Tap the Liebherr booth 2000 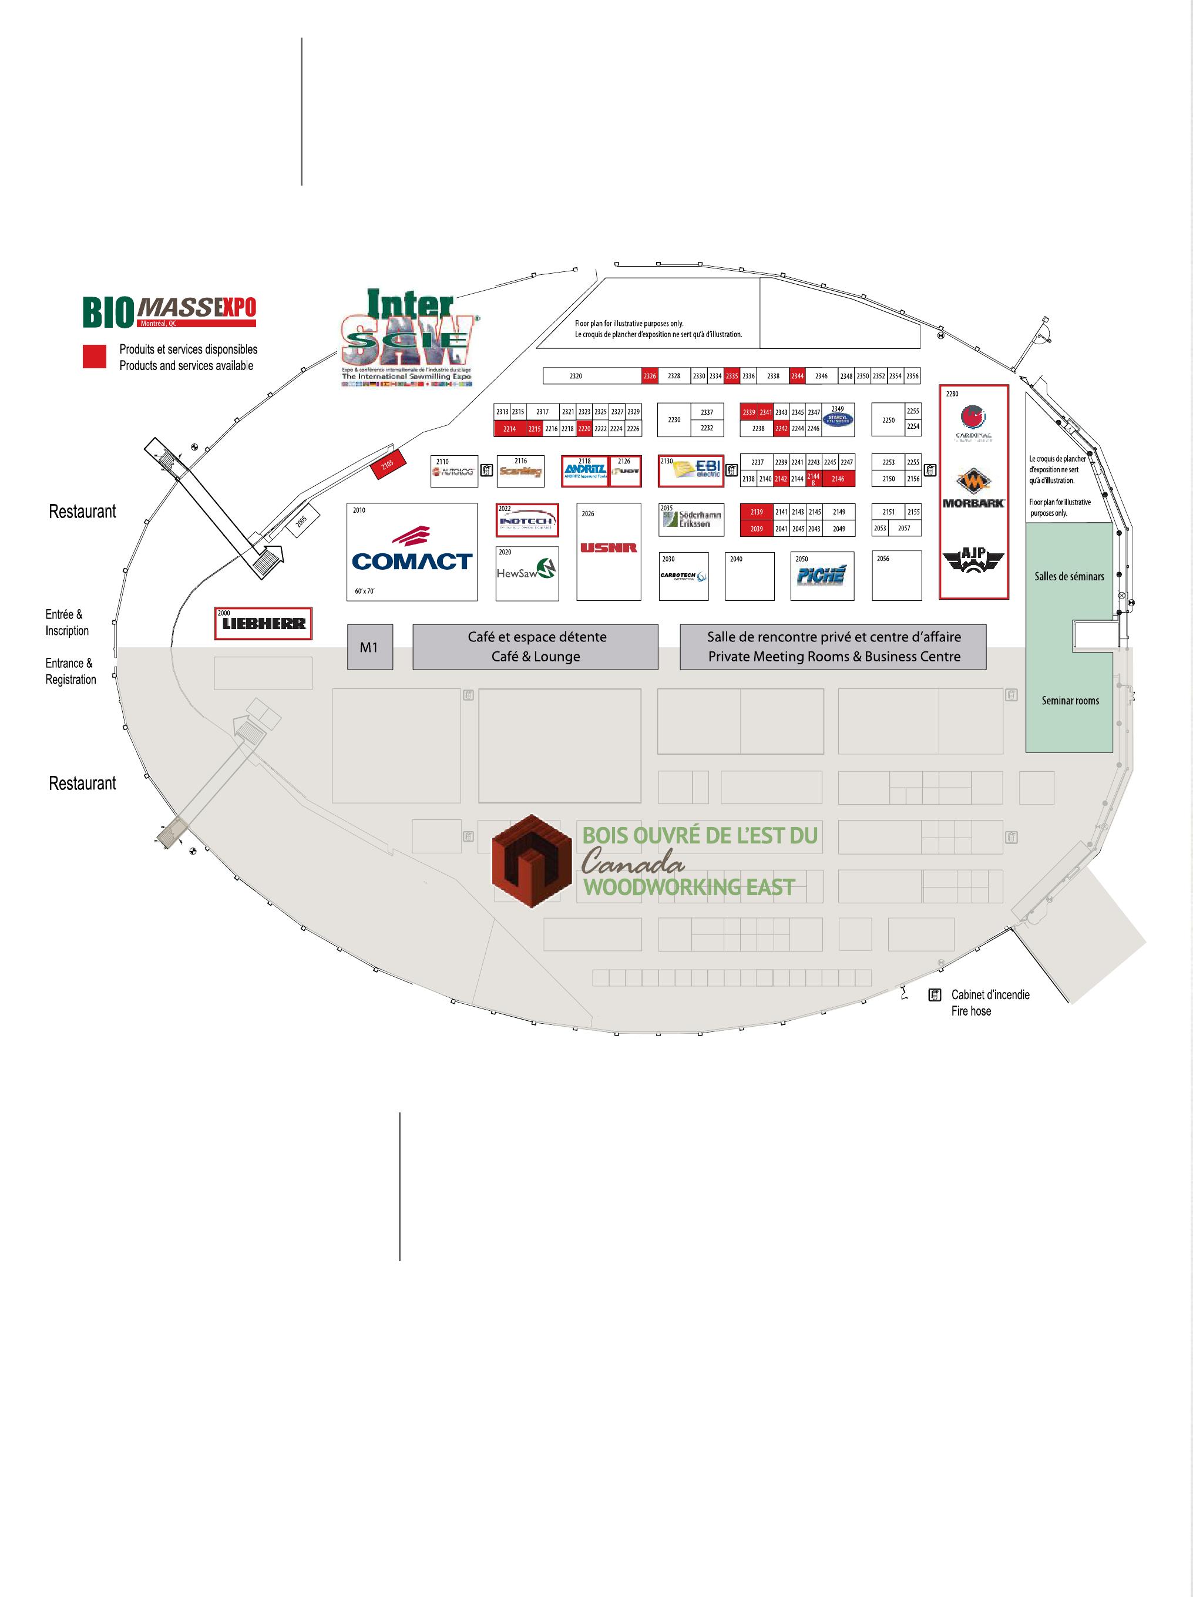[x=264, y=624]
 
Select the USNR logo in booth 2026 [x=609, y=548]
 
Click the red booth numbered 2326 [x=650, y=376]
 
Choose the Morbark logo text [x=973, y=503]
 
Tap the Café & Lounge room [x=535, y=647]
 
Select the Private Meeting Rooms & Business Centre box [x=834, y=647]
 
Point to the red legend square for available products [x=95, y=357]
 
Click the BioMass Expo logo [x=169, y=312]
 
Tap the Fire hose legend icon [x=935, y=995]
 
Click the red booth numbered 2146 [x=838, y=479]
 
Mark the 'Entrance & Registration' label [x=70, y=671]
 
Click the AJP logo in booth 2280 [x=973, y=561]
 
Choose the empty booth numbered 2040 [x=750, y=576]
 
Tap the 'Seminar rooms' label [x=1070, y=700]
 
